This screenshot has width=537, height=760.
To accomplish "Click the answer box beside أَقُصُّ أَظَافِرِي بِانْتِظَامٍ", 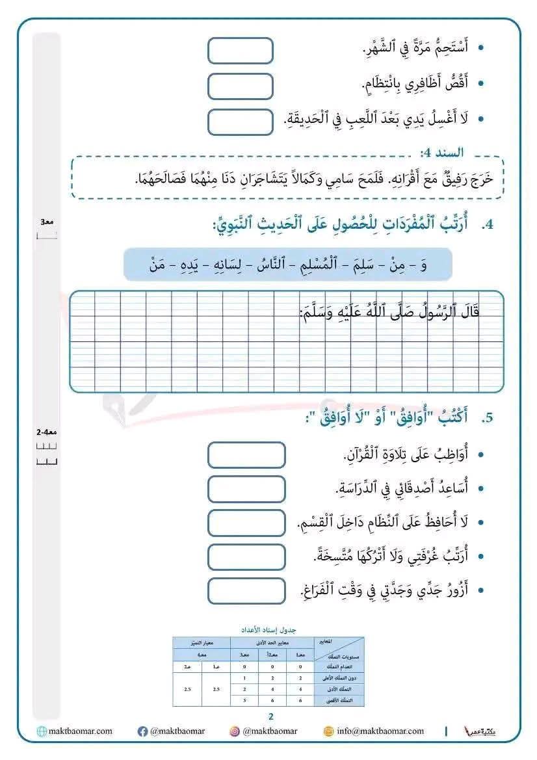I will click(240, 86).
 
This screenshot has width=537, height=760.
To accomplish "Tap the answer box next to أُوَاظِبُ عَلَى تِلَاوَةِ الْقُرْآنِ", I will click(246, 455).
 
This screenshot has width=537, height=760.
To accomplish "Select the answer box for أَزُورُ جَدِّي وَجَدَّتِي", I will click(246, 590).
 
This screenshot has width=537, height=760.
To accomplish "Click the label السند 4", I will click(441, 153).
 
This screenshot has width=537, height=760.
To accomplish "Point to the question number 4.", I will click(488, 226).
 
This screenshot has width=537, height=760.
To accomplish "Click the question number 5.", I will click(488, 418).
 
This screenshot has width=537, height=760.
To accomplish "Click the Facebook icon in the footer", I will click(143, 731).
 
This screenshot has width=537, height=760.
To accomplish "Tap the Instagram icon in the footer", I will click(235, 731).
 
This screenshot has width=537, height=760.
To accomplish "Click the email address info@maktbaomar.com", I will click(380, 731).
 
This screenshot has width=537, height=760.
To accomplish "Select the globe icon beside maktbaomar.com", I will click(42, 731).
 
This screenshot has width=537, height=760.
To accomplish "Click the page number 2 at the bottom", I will click(271, 716).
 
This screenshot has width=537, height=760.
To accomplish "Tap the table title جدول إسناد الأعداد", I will click(268, 630).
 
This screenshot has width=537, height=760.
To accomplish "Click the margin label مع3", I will click(47, 222).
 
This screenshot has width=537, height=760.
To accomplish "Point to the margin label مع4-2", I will click(47, 432).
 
